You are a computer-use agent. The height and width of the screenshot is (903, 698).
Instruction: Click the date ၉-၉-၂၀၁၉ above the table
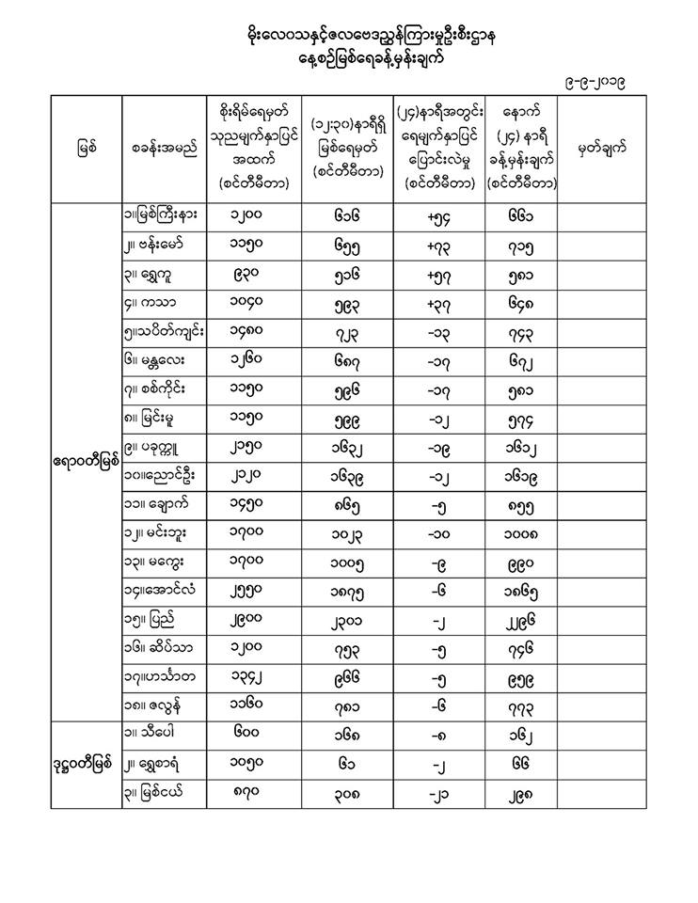(591, 83)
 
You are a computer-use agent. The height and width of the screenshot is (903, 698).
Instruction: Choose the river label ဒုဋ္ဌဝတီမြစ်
(87, 763)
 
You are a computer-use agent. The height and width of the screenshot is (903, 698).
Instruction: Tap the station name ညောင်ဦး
(165, 474)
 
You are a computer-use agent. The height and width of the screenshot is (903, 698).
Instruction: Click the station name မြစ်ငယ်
(165, 792)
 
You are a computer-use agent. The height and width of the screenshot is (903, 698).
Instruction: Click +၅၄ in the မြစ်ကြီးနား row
(440, 218)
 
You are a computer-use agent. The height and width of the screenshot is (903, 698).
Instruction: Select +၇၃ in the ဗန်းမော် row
(440, 246)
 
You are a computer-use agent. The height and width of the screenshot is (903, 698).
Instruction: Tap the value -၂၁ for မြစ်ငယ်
(440, 792)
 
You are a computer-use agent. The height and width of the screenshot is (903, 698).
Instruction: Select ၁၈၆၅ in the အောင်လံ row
(520, 592)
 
